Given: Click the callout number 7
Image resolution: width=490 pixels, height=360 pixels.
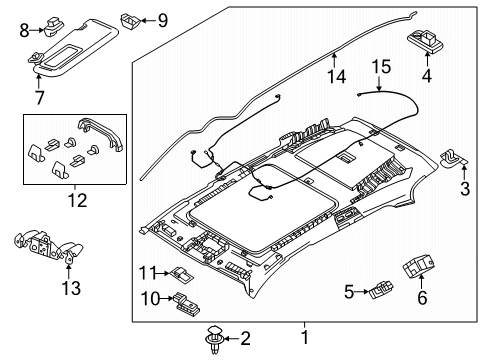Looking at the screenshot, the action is click(39, 97).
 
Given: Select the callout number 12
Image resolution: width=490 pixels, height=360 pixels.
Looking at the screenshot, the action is click(77, 200).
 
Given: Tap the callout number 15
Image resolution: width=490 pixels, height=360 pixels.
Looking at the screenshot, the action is click(381, 67).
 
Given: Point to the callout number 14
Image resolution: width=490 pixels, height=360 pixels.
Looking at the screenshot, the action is click(337, 76).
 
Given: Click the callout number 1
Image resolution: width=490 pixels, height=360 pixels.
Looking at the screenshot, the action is click(305, 337).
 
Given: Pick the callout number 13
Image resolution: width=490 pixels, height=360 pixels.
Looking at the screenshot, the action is click(71, 288).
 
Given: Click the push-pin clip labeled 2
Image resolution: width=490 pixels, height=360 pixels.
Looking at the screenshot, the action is click(213, 339).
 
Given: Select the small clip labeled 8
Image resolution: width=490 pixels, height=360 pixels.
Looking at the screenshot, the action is click(52, 26).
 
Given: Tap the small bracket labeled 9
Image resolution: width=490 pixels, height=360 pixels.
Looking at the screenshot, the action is click(131, 21).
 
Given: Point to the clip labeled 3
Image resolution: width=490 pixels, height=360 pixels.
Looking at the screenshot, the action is click(454, 158).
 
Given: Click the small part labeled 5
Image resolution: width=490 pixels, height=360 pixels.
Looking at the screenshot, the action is click(381, 290).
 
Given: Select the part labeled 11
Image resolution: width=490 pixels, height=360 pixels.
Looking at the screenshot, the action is click(182, 274).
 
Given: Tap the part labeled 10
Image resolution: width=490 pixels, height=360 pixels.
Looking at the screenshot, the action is click(186, 304).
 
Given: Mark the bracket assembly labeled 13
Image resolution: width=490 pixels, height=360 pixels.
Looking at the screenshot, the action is click(48, 246).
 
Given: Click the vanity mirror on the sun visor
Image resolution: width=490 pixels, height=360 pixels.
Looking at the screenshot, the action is click(63, 54).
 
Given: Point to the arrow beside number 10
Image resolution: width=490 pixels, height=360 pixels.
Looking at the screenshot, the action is click(167, 298).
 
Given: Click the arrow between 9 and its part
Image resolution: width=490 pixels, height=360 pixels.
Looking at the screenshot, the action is click(148, 21).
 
